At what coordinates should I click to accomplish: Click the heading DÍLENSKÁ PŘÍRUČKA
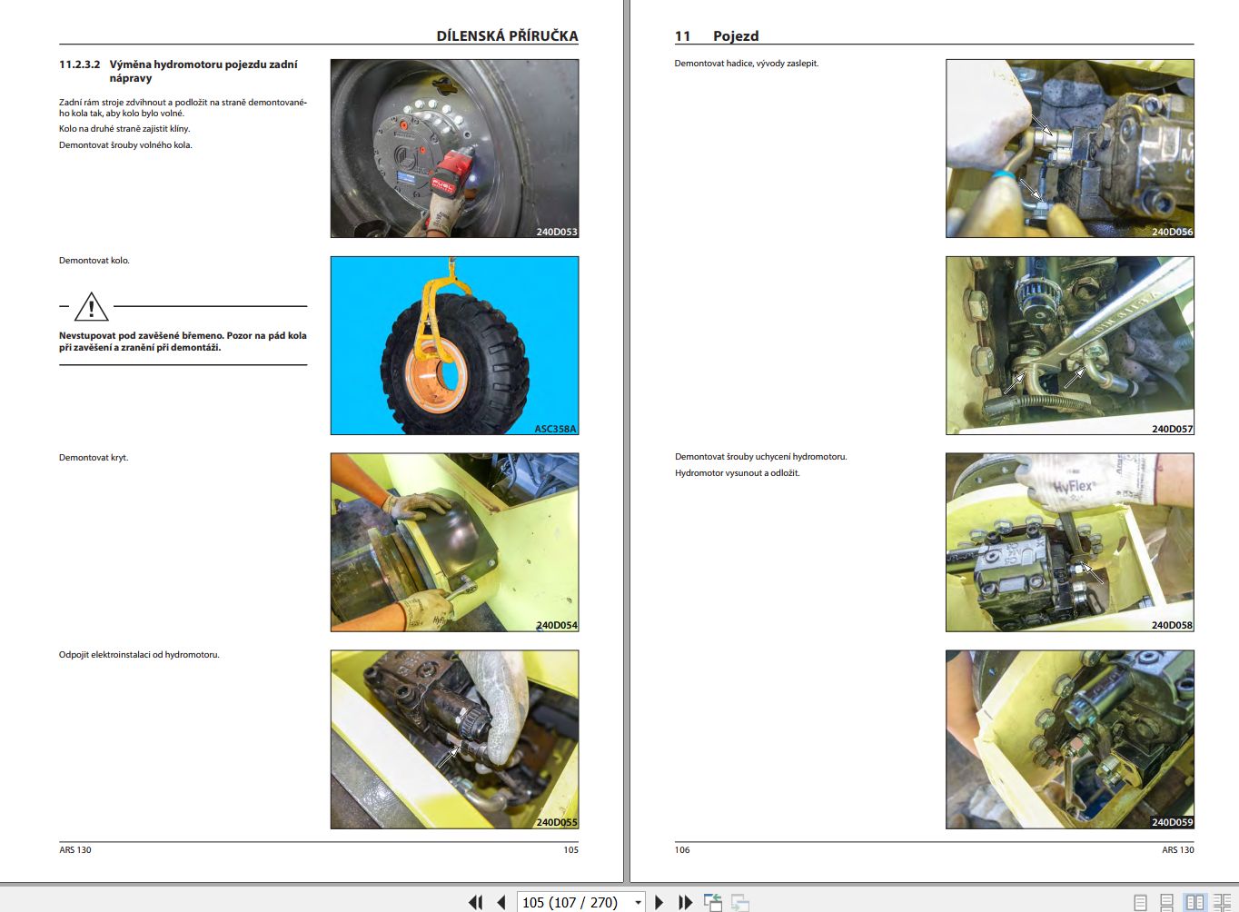[x=507, y=35]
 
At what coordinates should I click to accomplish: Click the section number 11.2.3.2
[x=79, y=64]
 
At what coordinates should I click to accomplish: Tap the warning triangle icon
[x=91, y=307]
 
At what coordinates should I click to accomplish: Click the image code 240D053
[x=556, y=232]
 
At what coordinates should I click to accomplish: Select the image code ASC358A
[x=555, y=429]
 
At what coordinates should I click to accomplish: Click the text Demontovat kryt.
[x=94, y=457]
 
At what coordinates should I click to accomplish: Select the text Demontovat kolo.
[x=94, y=260]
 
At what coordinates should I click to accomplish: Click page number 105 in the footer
[x=570, y=849]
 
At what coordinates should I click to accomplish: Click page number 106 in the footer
[x=682, y=849]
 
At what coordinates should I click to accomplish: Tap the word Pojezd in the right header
[x=736, y=35]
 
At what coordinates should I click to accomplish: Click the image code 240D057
[x=1172, y=429]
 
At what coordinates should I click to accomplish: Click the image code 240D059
[x=1172, y=822]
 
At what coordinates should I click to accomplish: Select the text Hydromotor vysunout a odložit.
[x=737, y=472]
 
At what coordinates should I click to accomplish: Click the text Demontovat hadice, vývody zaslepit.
[x=746, y=64]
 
